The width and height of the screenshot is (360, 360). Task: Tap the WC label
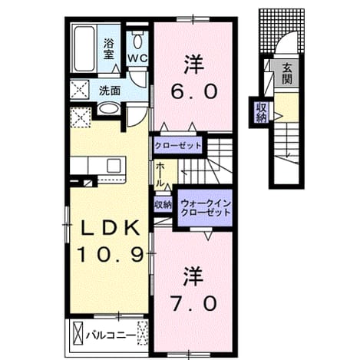138,58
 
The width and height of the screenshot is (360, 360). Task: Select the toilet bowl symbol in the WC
137,41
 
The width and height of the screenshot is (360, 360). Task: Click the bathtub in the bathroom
84,49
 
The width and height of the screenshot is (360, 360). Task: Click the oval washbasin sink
109,108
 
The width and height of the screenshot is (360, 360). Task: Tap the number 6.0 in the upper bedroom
194,91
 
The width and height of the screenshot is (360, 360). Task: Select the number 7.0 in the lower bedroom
194,303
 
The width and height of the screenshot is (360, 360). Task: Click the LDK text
111,228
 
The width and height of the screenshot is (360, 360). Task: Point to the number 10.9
111,255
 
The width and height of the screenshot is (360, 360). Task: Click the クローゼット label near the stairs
178,146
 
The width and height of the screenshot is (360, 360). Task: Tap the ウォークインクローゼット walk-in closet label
206,208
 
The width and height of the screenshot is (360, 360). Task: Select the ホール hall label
160,174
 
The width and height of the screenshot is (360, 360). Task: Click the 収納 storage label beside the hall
163,204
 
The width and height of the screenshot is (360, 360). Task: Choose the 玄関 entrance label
287,74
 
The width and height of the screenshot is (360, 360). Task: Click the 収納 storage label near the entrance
261,113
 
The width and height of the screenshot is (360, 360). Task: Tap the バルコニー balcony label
111,335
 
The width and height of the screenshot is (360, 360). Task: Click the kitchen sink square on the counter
114,166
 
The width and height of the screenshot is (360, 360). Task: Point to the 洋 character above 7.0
193,276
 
